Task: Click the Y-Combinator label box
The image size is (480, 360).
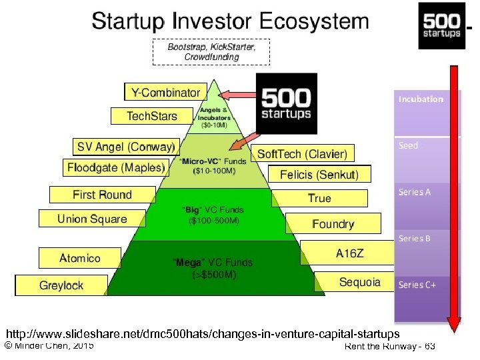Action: click(x=165, y=92)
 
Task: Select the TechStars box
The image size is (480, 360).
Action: click(x=152, y=116)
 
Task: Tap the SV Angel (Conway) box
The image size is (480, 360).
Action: click(x=125, y=147)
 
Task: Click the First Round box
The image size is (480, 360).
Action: click(x=102, y=195)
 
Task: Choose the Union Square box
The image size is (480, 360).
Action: click(x=92, y=219)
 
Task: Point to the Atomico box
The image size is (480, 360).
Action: click(x=80, y=258)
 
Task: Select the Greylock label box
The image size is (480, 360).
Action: click(x=61, y=285)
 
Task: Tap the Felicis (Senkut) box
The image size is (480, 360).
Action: click(x=319, y=175)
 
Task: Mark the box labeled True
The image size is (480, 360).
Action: click(x=319, y=198)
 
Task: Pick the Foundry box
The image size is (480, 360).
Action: click(x=333, y=223)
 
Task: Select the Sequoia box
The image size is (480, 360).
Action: click(x=359, y=282)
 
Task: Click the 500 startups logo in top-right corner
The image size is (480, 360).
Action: click(x=441, y=25)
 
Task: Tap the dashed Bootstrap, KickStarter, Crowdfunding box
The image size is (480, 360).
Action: click(x=211, y=51)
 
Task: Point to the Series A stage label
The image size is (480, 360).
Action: click(x=415, y=192)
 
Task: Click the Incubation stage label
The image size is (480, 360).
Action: click(x=421, y=99)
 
